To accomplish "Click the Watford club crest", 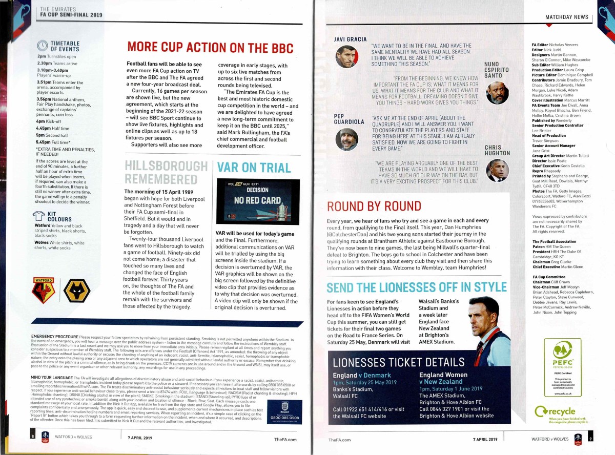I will pos(44,291).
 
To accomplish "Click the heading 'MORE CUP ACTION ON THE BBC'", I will pos(211,47).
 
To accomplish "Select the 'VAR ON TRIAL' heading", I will pos(253,167).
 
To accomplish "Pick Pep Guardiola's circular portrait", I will pos(346,139).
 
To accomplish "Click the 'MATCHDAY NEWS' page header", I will pos(567,17).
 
